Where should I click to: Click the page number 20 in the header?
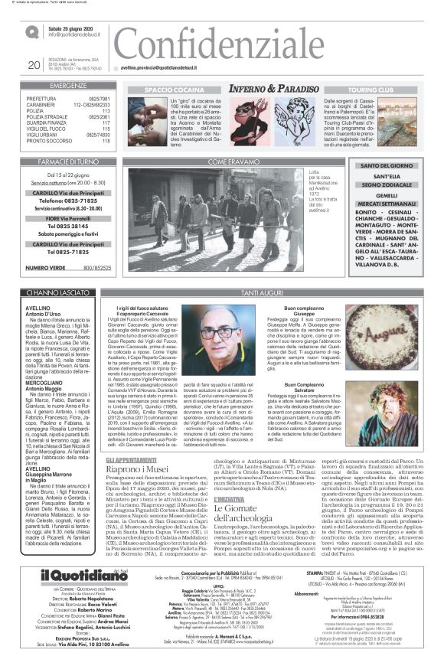33,66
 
